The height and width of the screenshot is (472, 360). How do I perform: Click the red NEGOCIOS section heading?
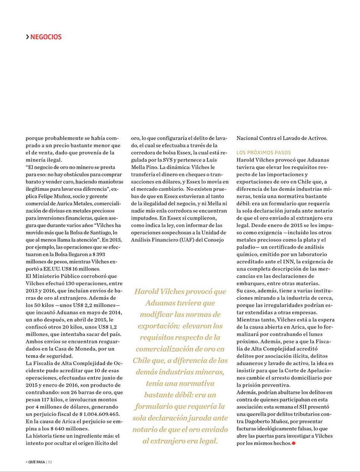pyautogui.click(x=46, y=37)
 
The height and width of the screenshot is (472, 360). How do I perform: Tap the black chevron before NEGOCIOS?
pyautogui.click(x=27, y=37)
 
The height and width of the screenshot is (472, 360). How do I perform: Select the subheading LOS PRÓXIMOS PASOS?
pyautogui.click(x=264, y=153)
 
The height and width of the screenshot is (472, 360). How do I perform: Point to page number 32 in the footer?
pyautogui.click(x=50, y=462)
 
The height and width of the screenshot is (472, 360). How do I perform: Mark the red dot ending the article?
pyautogui.click(x=293, y=443)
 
